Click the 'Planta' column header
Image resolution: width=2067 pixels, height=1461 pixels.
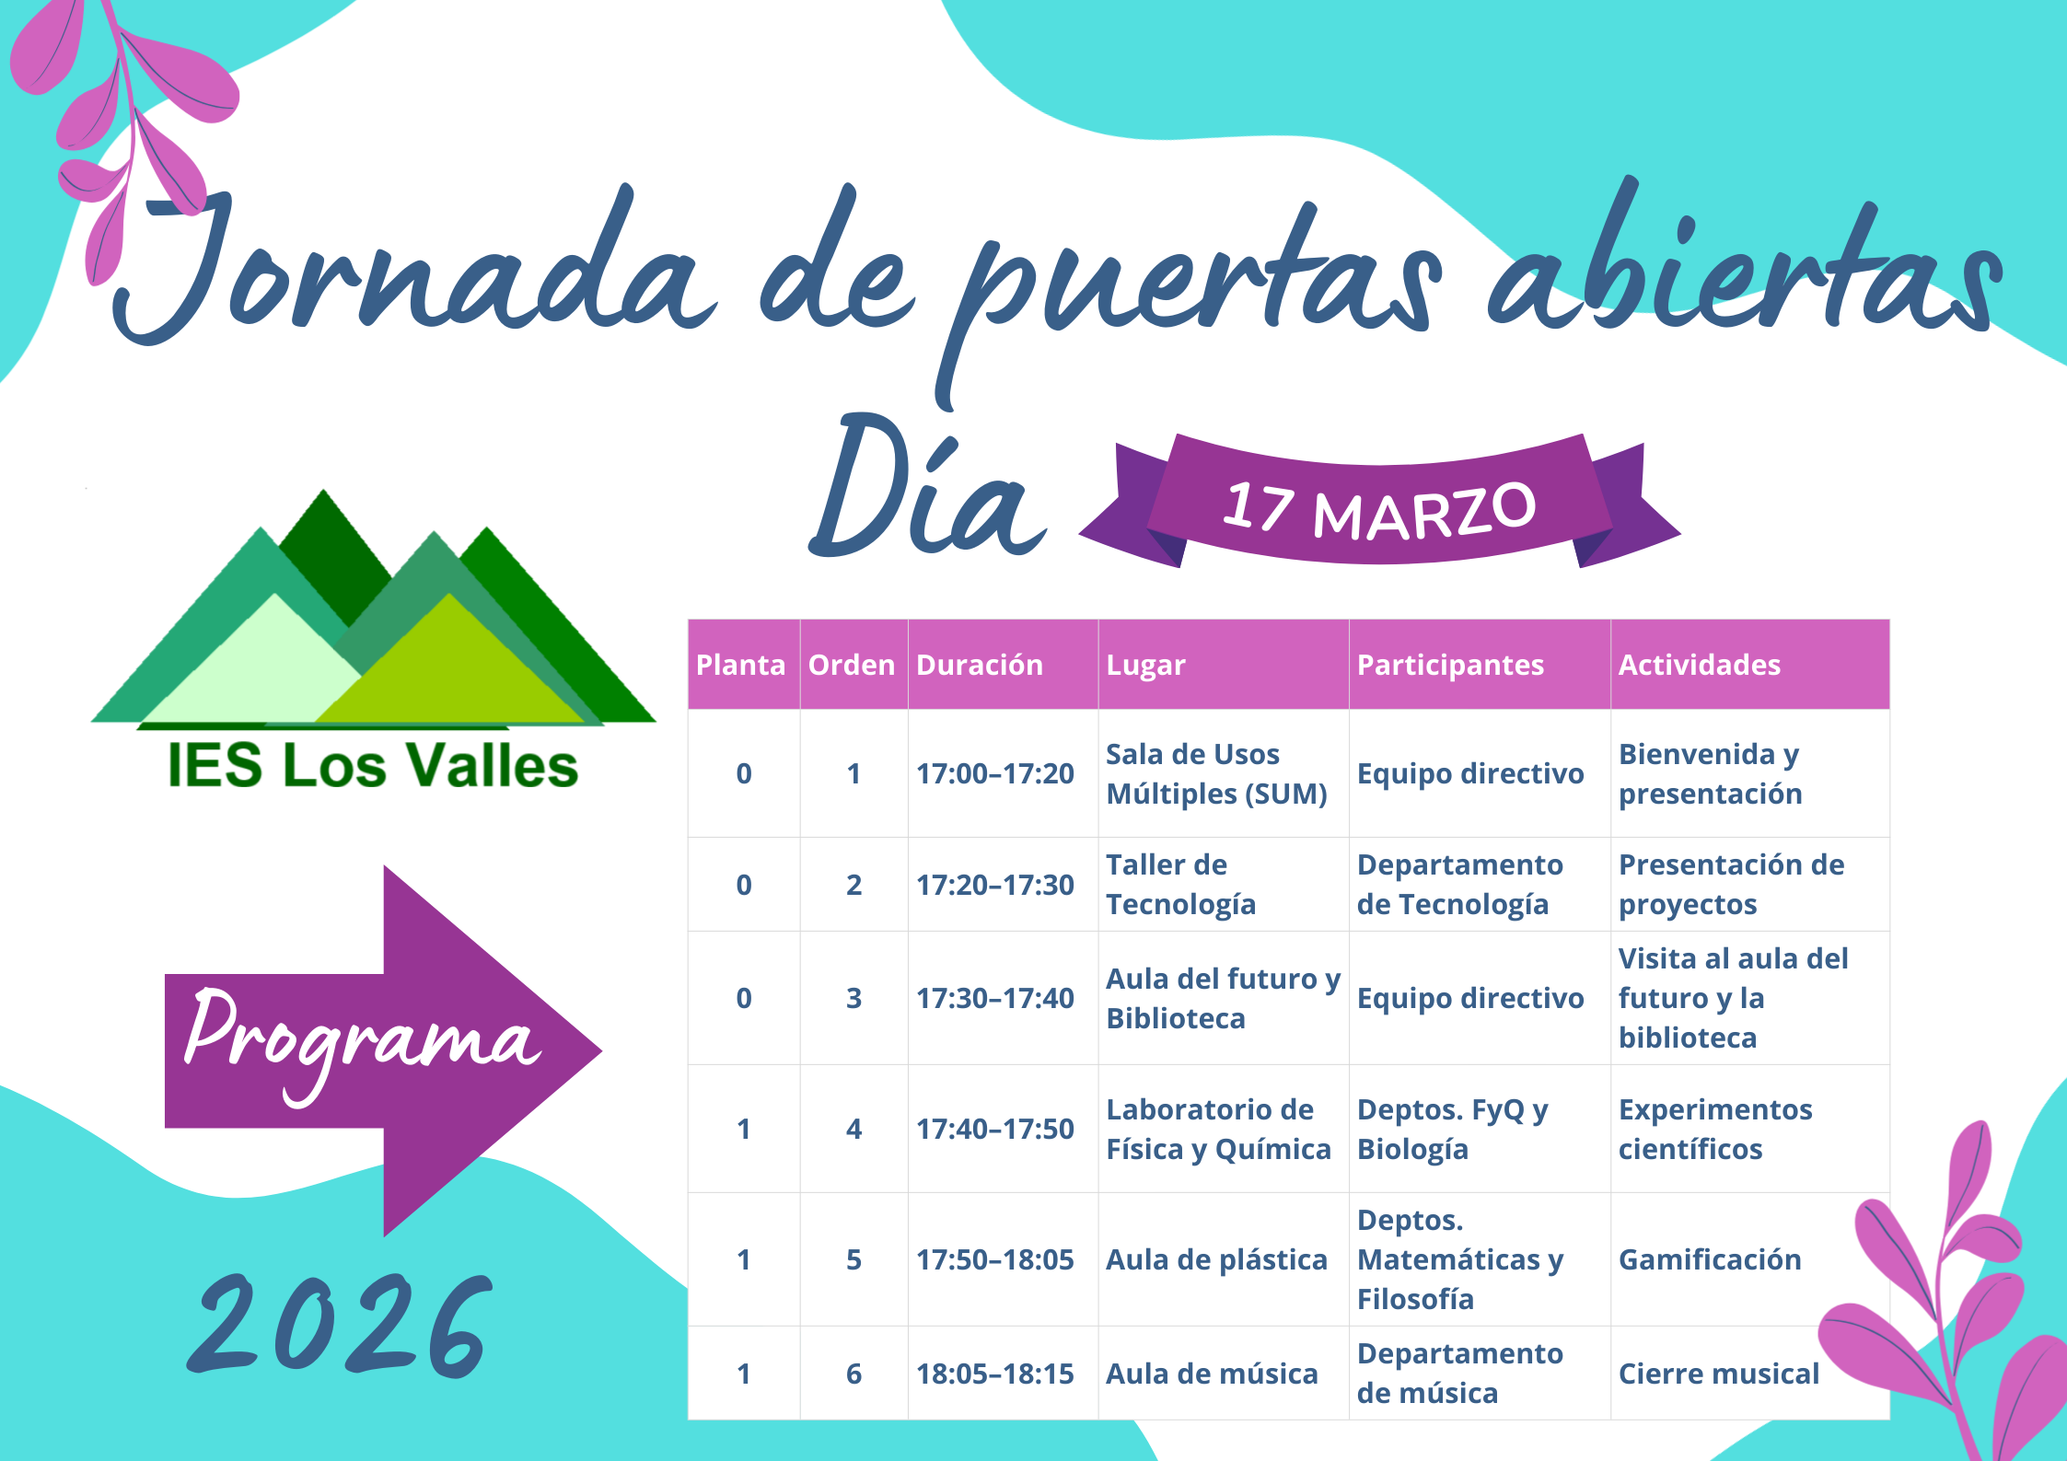tap(741, 665)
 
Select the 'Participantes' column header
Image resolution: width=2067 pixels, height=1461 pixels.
tap(1450, 666)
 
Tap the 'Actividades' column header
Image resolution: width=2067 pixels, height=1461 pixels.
tap(1700, 665)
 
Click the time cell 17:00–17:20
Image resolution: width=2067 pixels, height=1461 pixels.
tap(994, 773)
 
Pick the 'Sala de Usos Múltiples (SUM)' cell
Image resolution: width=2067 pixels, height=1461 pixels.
tap(1216, 773)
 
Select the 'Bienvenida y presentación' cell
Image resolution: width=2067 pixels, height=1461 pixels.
tap(1711, 773)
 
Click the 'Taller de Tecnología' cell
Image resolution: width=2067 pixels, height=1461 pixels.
tap(1180, 885)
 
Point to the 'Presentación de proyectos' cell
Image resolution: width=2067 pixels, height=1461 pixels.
tap(1732, 885)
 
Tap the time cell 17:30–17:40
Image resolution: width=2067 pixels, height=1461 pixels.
tap(994, 998)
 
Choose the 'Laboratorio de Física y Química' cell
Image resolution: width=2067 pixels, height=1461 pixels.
tap(1218, 1129)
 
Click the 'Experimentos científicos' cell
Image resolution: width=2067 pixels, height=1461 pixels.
tap(1715, 1129)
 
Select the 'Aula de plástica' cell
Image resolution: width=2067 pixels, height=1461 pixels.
tap(1216, 1259)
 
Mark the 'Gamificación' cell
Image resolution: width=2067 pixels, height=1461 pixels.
tap(1710, 1259)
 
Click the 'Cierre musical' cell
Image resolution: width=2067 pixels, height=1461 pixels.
tap(1719, 1374)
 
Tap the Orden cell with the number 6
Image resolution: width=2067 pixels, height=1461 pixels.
tap(854, 1374)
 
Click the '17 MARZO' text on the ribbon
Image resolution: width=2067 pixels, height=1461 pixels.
tap(1379, 509)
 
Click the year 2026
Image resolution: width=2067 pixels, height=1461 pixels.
tap(341, 1326)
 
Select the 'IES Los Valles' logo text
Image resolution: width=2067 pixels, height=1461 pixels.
tap(373, 765)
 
